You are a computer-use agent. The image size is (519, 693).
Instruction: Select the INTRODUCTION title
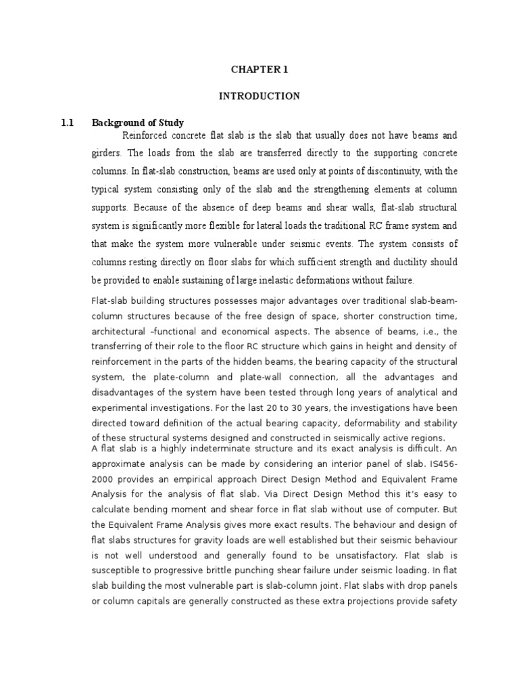click(x=259, y=96)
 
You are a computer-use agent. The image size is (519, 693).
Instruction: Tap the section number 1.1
click(x=67, y=122)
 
